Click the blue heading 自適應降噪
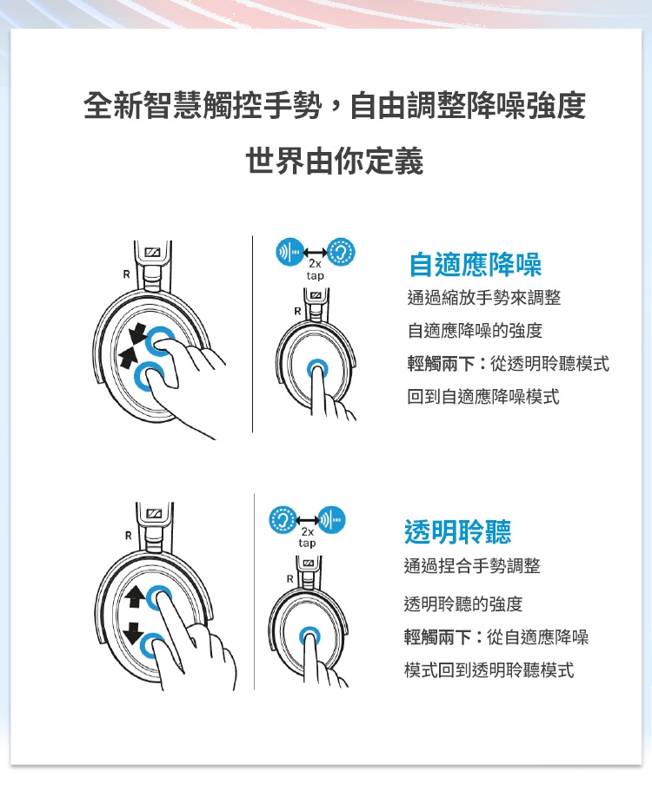[x=475, y=264]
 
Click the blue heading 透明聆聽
[x=457, y=531]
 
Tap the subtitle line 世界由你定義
[x=335, y=161]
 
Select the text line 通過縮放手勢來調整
[x=483, y=297]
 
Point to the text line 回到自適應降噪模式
[x=483, y=397]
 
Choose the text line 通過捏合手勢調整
[x=472, y=565]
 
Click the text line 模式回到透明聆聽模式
[x=489, y=669]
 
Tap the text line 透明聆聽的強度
[x=463, y=604]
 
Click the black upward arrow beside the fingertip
[x=134, y=597]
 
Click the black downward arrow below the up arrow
[x=134, y=633]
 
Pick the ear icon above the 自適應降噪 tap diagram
[x=342, y=252]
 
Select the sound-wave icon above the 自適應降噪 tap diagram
[x=290, y=252]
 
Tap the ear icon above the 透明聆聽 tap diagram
[x=283, y=519]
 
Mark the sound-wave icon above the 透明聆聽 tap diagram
[x=332, y=519]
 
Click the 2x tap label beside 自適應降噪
[x=316, y=270]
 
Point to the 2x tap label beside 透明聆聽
[x=307, y=538]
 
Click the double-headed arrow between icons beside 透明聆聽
[x=307, y=519]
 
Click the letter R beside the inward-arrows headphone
[x=126, y=274]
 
